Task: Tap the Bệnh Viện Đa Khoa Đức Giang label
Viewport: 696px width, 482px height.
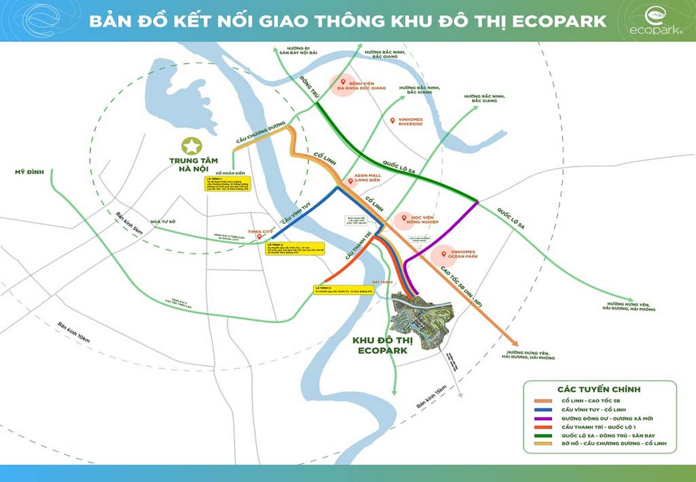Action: (370, 86)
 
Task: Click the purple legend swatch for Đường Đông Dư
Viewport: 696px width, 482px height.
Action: (543, 418)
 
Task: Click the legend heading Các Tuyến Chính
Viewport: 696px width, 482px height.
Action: (599, 389)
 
